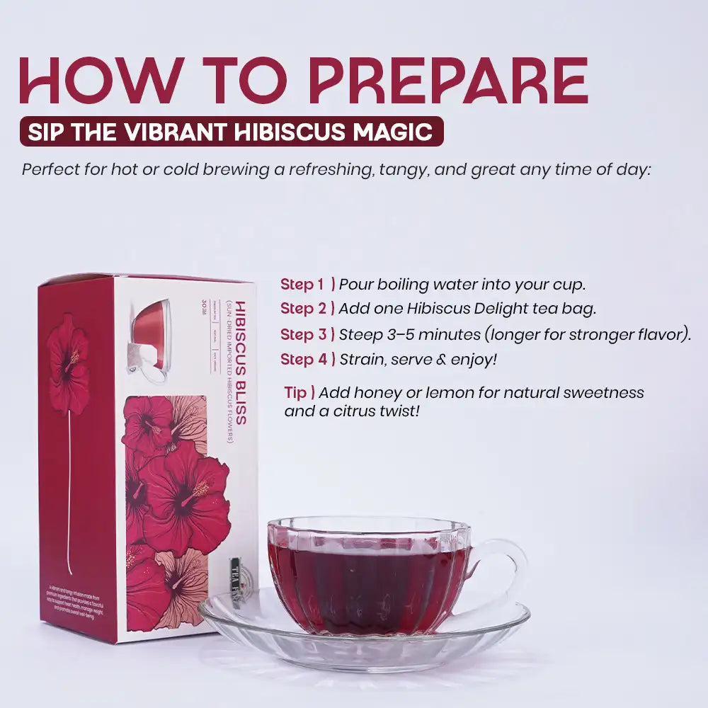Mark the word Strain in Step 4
[x=361, y=359]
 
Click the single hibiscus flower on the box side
[x=68, y=360]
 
